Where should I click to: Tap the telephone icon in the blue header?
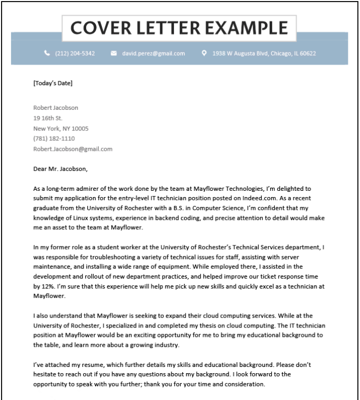pyautogui.click(x=47, y=53)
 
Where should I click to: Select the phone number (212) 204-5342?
pyautogui.click(x=75, y=54)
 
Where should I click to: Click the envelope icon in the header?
pyautogui.click(x=114, y=53)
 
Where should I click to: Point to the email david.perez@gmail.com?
pyautogui.click(x=153, y=54)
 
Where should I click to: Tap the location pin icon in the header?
pyautogui.click(x=204, y=53)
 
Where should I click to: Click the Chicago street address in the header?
pyautogui.click(x=264, y=54)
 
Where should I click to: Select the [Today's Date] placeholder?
pyautogui.click(x=53, y=83)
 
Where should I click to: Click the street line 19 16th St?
pyautogui.click(x=48, y=118)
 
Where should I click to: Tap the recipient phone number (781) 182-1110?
pyautogui.click(x=54, y=139)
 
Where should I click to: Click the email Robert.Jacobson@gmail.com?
pyautogui.click(x=73, y=149)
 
